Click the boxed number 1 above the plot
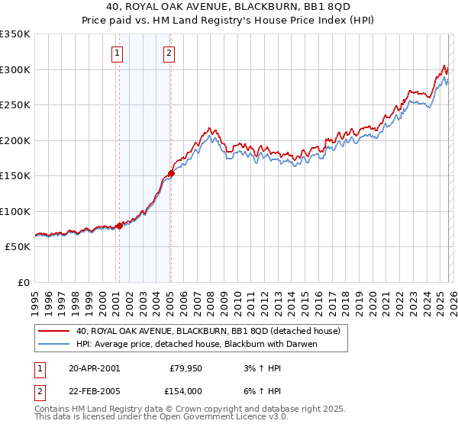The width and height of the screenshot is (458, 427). tap(118, 53)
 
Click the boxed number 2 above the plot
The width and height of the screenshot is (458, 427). tap(169, 53)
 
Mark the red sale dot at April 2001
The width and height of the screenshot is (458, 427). tap(119, 226)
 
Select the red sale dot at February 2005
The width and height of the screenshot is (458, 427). tap(171, 173)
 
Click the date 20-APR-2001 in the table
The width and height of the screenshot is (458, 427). tap(94, 368)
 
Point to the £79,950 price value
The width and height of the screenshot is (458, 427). tap(185, 368)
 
